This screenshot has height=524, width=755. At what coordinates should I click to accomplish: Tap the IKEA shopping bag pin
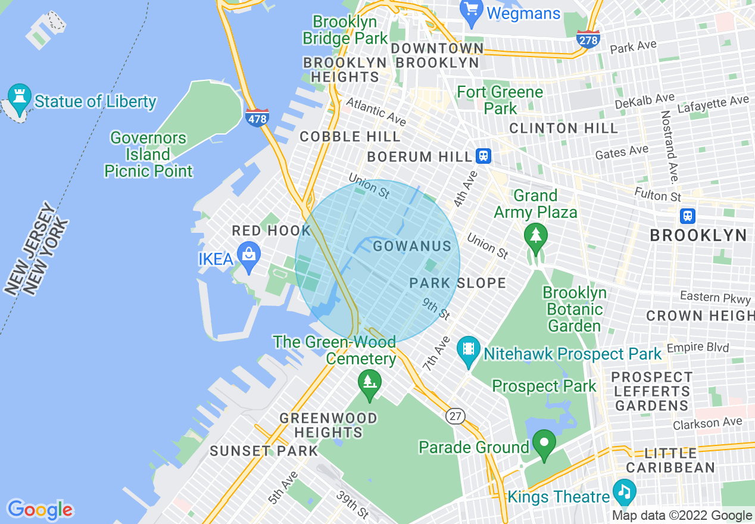click(x=248, y=254)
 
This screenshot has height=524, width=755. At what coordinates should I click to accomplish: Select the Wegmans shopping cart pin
click(x=472, y=12)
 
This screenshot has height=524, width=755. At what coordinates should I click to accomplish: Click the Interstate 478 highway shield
click(x=257, y=116)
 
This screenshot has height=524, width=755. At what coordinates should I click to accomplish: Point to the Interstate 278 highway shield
click(x=588, y=39)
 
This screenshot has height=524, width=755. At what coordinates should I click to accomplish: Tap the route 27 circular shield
click(x=456, y=416)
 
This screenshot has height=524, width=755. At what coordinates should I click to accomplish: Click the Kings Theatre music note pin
click(x=623, y=491)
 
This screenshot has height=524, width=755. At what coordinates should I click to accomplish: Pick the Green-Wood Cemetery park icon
click(x=369, y=381)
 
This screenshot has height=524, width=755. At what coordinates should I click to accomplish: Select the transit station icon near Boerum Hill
click(x=483, y=156)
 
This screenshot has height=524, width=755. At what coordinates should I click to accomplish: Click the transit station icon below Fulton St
click(x=688, y=216)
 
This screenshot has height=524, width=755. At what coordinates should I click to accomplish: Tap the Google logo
click(x=40, y=509)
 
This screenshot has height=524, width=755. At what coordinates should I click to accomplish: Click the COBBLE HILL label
click(x=350, y=136)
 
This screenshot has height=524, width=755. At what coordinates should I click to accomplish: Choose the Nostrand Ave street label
click(x=669, y=146)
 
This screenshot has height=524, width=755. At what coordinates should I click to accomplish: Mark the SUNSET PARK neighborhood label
click(x=264, y=451)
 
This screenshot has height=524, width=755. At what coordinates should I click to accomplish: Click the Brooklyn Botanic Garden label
click(x=575, y=309)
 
